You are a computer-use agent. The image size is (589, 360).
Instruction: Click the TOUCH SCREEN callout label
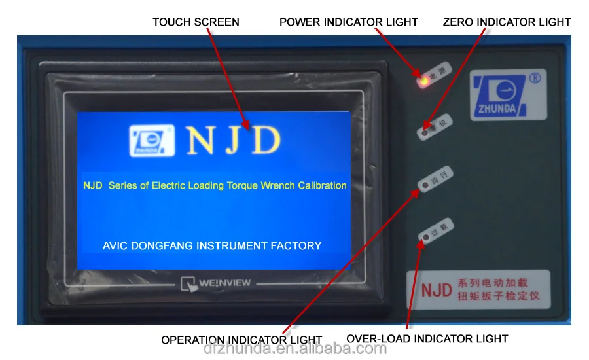pos(196,22)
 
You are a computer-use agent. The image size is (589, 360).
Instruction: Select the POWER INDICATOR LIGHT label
pos(348,22)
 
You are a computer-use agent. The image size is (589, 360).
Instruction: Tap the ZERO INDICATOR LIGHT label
pos(507,22)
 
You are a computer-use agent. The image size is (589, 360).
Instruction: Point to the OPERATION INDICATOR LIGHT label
pos(241,340)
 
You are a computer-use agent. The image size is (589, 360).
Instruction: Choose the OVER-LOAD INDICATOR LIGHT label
pos(427,339)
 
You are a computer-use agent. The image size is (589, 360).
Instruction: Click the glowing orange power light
pos(423,81)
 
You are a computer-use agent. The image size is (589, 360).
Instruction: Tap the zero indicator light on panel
pos(425,134)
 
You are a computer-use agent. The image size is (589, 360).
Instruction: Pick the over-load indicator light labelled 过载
pos(426,236)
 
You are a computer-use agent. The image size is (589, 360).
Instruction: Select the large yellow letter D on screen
pos(266,140)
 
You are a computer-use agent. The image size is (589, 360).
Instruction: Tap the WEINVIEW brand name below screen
pos(224,283)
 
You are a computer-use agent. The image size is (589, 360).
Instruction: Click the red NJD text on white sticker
pos(436,290)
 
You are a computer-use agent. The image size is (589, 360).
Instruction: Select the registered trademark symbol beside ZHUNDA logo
pos(534,77)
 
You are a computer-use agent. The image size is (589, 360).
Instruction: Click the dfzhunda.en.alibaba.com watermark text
pos(294,348)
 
